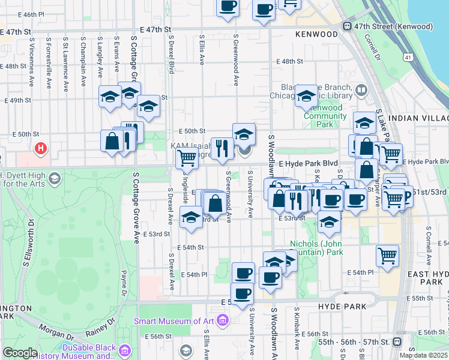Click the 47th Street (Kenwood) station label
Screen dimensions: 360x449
[393, 26]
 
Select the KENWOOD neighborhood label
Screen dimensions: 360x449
[316, 34]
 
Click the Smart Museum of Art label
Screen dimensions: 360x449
[173, 321]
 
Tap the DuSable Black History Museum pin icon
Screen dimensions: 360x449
[125, 350]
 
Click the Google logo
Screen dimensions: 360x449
[20, 353]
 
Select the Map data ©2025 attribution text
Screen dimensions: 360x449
[423, 355]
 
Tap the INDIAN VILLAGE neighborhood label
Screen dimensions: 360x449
[419, 118]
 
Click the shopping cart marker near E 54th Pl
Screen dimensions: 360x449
[388, 255]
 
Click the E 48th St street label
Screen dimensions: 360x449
[292, 61]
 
